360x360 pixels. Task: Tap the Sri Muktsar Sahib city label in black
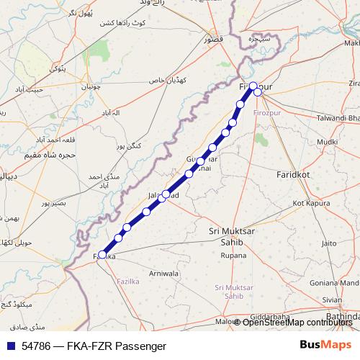233,237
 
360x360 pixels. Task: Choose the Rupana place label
233,256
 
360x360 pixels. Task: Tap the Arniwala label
163,274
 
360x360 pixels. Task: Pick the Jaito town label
329,243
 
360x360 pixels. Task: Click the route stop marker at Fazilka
103,254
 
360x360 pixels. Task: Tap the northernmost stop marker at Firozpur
253,86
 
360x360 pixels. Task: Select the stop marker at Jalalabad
166,194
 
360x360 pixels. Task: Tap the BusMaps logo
325,346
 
